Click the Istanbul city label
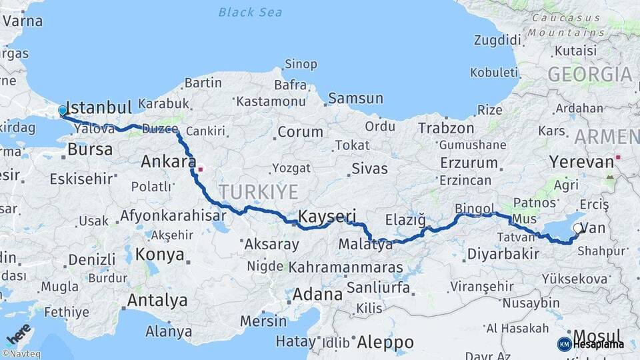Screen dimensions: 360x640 [x=99, y=107]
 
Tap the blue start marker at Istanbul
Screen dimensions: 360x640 [x=63, y=111]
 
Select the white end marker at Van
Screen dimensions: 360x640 [x=577, y=228]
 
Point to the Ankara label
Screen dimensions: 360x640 [x=167, y=161]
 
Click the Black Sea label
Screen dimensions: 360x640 [x=250, y=12]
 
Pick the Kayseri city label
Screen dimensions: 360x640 [x=327, y=216]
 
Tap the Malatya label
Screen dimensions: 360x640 [x=365, y=245]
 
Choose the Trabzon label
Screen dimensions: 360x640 [x=446, y=128]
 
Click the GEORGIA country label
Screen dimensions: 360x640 [x=589, y=74]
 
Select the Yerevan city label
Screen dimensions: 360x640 [x=581, y=162]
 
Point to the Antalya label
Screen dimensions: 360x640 [x=157, y=301]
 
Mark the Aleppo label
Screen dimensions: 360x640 [x=385, y=343]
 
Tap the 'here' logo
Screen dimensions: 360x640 [x=18, y=333]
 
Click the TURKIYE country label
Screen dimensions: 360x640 [x=259, y=192]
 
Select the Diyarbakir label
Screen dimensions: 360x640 [x=503, y=254]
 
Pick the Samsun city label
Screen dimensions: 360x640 [x=355, y=99]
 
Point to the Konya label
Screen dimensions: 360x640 [x=159, y=254]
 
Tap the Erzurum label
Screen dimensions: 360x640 [x=468, y=163]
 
